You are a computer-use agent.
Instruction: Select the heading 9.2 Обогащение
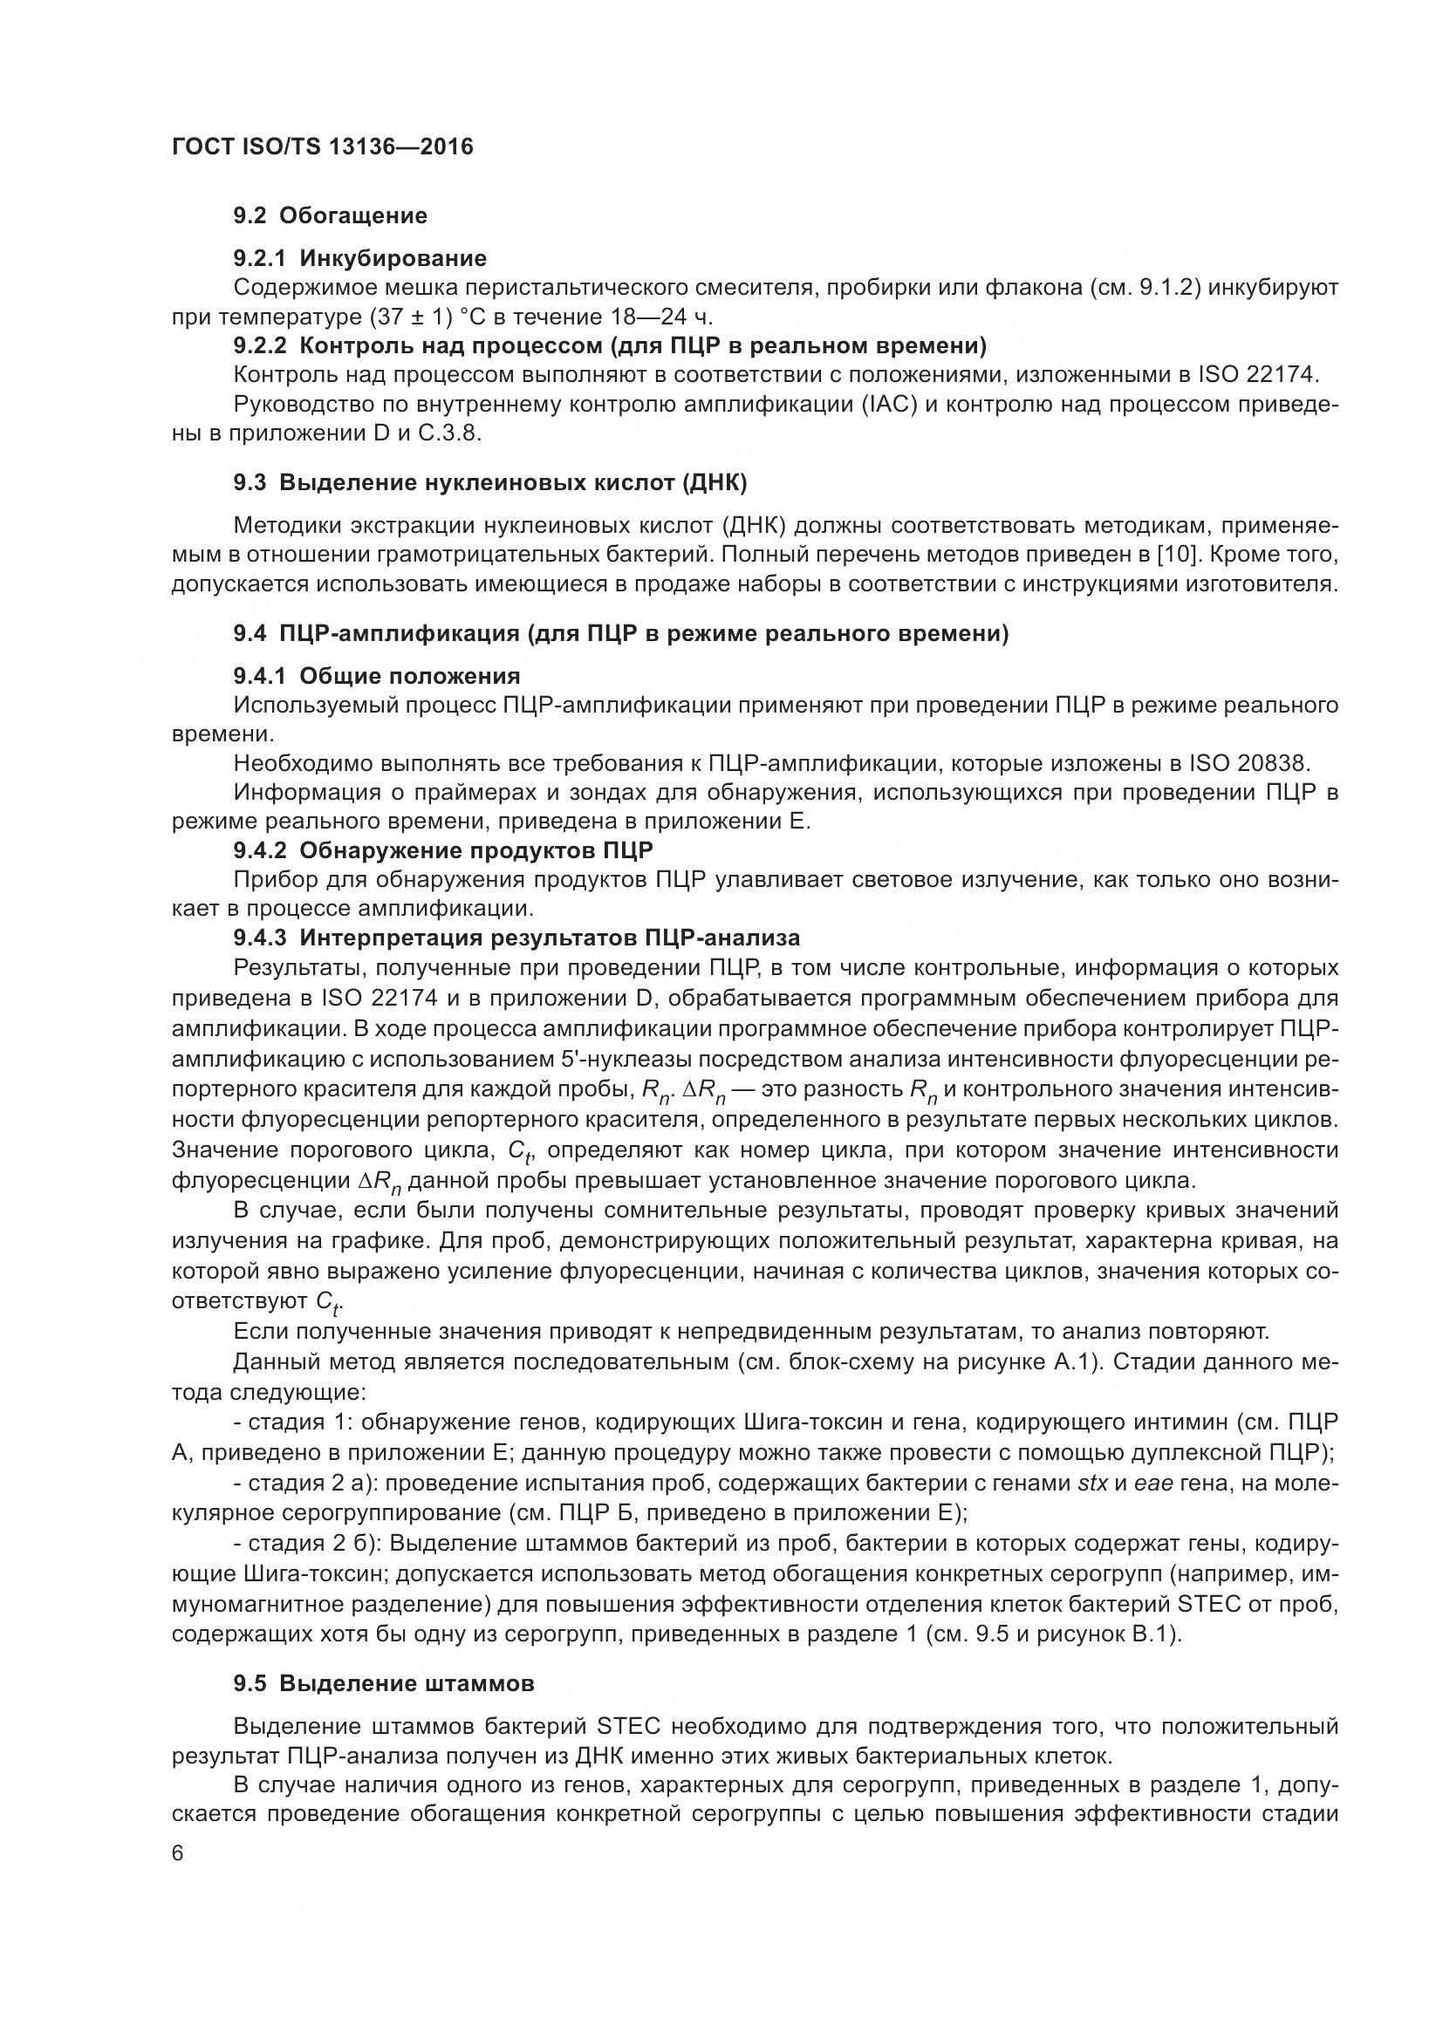330,216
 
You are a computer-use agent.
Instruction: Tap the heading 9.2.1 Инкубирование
359,258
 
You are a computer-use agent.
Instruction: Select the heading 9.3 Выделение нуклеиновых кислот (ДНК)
489,483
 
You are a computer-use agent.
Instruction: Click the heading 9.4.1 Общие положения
377,676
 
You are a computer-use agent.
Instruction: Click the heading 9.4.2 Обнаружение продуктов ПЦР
443,850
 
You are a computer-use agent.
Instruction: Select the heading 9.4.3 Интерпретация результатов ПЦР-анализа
516,938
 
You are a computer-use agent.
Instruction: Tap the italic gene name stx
1093,1483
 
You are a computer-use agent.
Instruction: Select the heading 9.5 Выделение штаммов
384,1683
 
